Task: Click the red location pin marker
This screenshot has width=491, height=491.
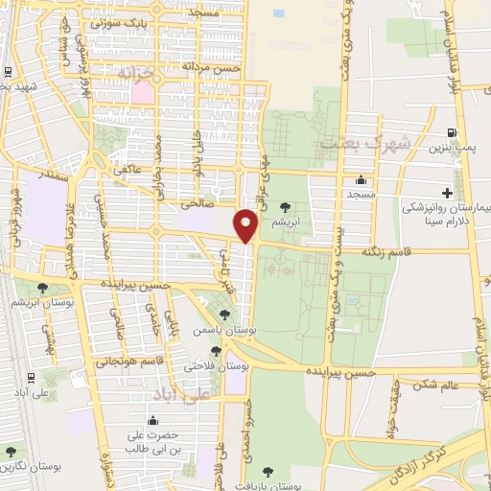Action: (246, 226)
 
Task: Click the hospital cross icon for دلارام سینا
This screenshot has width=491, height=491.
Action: (447, 194)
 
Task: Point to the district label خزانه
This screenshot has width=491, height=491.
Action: (135, 73)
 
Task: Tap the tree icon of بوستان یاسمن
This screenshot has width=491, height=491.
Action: (223, 314)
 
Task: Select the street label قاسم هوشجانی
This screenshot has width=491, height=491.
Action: (124, 362)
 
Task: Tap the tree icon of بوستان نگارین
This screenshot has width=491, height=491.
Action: (11, 451)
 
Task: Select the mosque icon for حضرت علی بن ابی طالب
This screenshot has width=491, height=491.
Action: (153, 420)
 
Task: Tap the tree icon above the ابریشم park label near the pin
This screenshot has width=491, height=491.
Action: (284, 206)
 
